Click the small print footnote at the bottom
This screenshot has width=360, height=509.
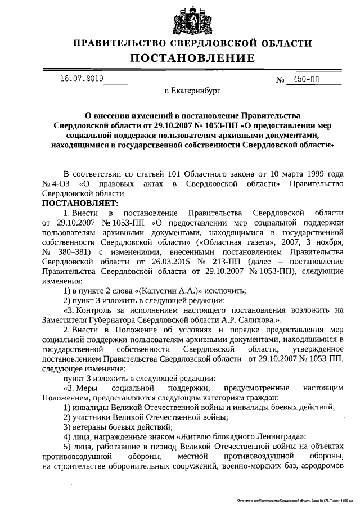[292, 499]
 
